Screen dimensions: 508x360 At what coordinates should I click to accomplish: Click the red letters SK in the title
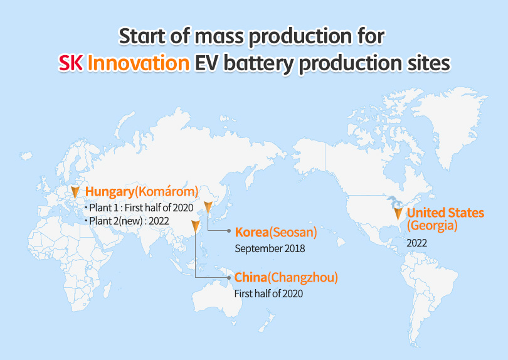70,63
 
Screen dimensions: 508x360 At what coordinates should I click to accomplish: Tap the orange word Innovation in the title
139,63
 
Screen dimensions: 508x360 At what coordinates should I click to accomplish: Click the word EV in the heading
206,63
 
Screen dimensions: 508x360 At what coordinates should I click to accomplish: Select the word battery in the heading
259,64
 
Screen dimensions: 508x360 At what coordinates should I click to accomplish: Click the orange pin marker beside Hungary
75,192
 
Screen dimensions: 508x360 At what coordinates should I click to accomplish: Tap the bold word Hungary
110,192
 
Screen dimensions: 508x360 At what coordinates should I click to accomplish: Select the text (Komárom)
167,191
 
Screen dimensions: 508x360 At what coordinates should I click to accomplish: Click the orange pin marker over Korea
208,208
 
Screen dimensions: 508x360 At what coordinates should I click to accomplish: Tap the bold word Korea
252,232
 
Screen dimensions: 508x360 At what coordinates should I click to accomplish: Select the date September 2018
270,248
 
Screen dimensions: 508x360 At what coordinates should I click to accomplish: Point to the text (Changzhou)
302,278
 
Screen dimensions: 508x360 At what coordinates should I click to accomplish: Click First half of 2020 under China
268,294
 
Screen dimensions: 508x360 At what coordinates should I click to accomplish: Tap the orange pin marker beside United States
398,214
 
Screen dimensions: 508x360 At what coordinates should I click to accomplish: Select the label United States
445,213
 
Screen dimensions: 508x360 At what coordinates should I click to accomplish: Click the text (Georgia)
432,226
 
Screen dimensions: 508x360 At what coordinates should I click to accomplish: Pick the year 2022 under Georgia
416,243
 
